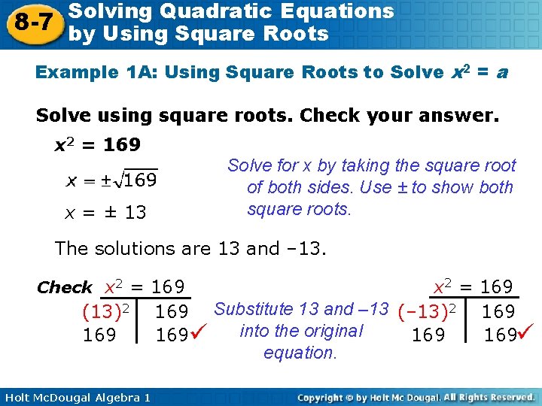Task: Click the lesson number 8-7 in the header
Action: pos(31,22)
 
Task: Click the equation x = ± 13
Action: pos(105,213)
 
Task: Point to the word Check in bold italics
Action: pos(65,288)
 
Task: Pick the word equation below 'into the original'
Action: pos(300,353)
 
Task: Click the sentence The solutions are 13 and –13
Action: pos(190,249)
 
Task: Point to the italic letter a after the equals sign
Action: pos(502,73)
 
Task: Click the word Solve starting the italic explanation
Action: pos(249,166)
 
